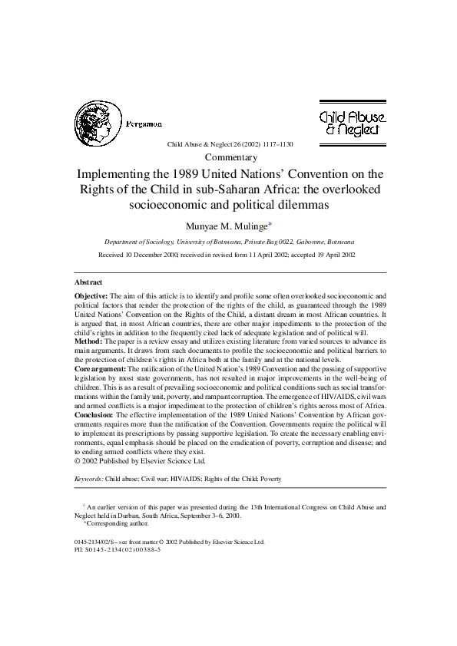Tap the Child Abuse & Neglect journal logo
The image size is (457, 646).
tap(352, 123)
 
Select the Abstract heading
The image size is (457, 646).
tap(88, 282)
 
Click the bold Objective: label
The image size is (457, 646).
tap(91, 295)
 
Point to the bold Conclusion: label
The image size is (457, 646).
tap(94, 414)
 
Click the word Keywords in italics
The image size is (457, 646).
tap(90, 479)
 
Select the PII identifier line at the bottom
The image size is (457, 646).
tap(118, 549)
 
